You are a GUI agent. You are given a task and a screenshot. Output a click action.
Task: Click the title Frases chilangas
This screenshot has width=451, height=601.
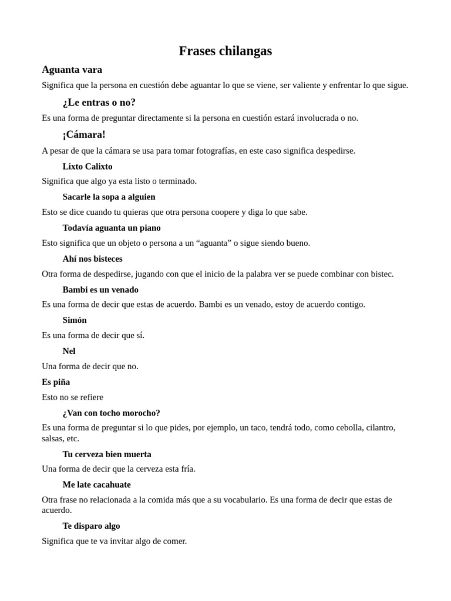click(x=225, y=51)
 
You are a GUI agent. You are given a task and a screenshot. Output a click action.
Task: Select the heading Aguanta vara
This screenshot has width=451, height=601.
click(x=72, y=69)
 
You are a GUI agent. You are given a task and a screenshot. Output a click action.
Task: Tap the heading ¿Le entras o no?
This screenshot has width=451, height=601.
click(x=99, y=102)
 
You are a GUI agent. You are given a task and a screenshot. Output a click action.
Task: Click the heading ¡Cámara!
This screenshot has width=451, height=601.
click(x=84, y=134)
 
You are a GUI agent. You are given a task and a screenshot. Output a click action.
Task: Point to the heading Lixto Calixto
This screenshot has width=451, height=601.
click(x=87, y=166)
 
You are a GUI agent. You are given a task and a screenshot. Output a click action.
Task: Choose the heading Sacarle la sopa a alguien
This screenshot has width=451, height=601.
click(x=109, y=197)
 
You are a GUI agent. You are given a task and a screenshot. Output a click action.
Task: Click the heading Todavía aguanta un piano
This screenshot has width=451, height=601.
click(x=112, y=228)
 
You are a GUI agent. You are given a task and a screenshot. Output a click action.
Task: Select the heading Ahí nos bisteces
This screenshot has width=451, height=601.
click(x=93, y=258)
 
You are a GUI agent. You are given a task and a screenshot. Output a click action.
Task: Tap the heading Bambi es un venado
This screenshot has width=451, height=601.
click(x=100, y=289)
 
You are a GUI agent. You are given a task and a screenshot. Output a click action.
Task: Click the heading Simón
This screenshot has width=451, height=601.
click(x=75, y=320)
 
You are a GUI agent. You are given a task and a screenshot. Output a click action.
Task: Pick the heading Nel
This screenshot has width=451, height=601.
click(x=69, y=351)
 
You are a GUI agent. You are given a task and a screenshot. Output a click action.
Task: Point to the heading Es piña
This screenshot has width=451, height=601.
click(x=56, y=382)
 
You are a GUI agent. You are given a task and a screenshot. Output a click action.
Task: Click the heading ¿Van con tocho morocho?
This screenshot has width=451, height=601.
click(x=112, y=413)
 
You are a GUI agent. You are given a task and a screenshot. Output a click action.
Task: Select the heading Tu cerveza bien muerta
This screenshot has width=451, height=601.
click(x=107, y=454)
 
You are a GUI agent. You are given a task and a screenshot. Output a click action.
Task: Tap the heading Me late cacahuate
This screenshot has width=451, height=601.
click(x=97, y=485)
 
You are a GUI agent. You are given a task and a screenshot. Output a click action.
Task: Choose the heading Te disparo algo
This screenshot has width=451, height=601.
click(x=92, y=526)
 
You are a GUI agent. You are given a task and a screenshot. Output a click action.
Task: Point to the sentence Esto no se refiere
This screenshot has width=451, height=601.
click(x=73, y=397)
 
